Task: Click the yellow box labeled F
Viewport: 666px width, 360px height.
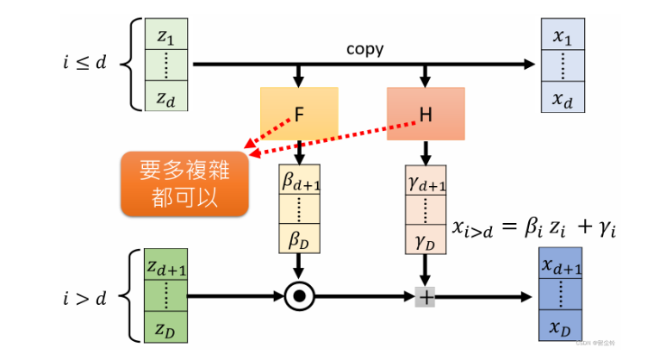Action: (x=299, y=114)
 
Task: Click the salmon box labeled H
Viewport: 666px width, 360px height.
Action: (x=426, y=114)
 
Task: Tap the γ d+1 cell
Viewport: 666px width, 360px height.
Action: (x=426, y=180)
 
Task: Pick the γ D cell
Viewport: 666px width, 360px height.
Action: (x=426, y=238)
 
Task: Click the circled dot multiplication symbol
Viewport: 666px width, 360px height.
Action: (x=300, y=297)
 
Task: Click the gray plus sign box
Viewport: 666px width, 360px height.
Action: (x=426, y=297)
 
